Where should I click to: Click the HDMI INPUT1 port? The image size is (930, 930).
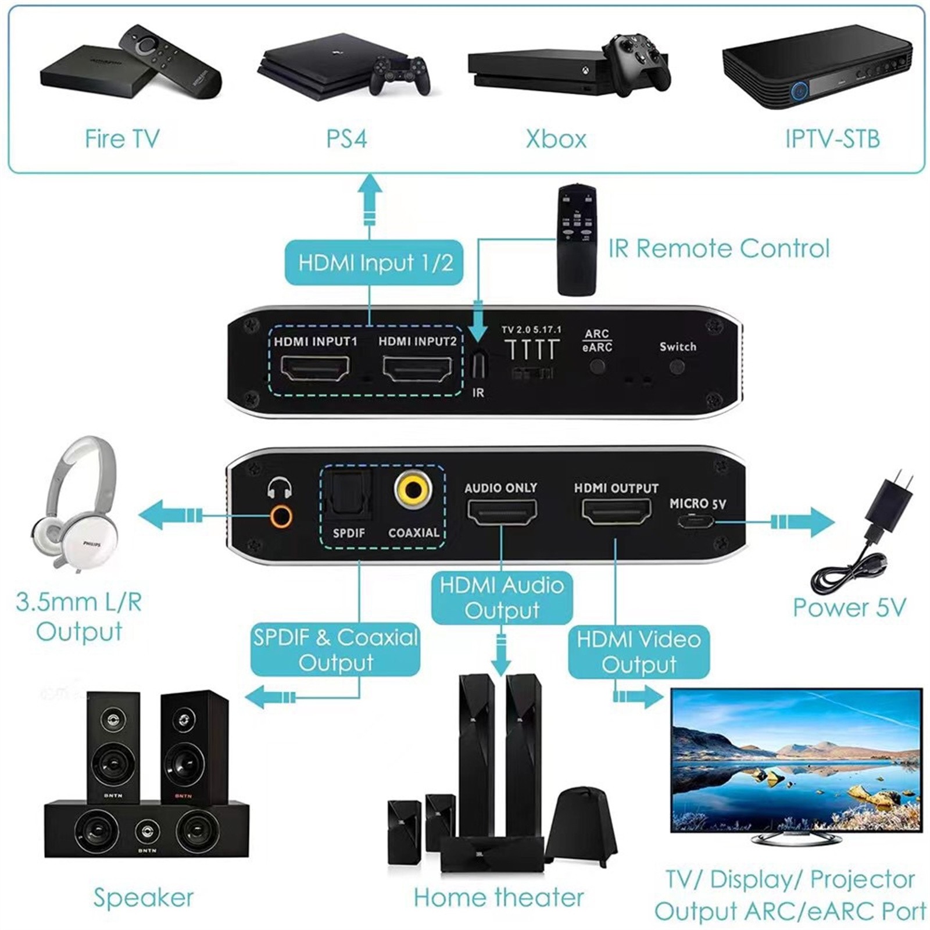click(315, 367)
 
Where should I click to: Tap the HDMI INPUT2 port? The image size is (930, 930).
click(417, 367)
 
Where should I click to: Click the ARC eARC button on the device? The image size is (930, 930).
click(597, 367)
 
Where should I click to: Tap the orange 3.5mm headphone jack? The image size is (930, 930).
click(281, 515)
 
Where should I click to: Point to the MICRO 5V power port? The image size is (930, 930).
click(696, 521)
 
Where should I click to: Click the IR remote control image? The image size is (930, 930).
click(577, 239)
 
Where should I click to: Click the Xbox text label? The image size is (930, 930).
click(556, 139)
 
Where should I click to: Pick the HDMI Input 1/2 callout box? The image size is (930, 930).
click(374, 263)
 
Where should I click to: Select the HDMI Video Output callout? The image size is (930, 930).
click(638, 652)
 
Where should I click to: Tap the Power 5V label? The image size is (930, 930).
click(849, 608)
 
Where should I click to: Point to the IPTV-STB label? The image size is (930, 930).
click(832, 139)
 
